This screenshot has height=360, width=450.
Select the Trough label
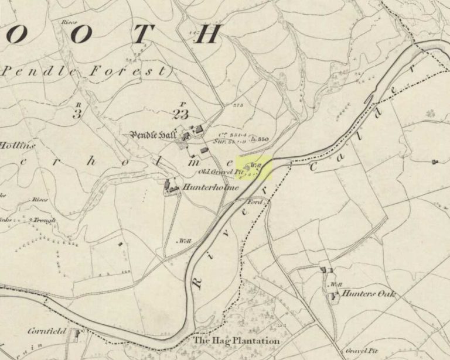point(45,220)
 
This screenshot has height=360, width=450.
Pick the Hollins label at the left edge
point(16,145)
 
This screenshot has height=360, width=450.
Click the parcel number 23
point(180,114)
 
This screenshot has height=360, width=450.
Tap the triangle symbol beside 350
point(253,139)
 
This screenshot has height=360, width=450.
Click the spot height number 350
point(263,139)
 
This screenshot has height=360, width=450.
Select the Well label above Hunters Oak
point(336,285)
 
